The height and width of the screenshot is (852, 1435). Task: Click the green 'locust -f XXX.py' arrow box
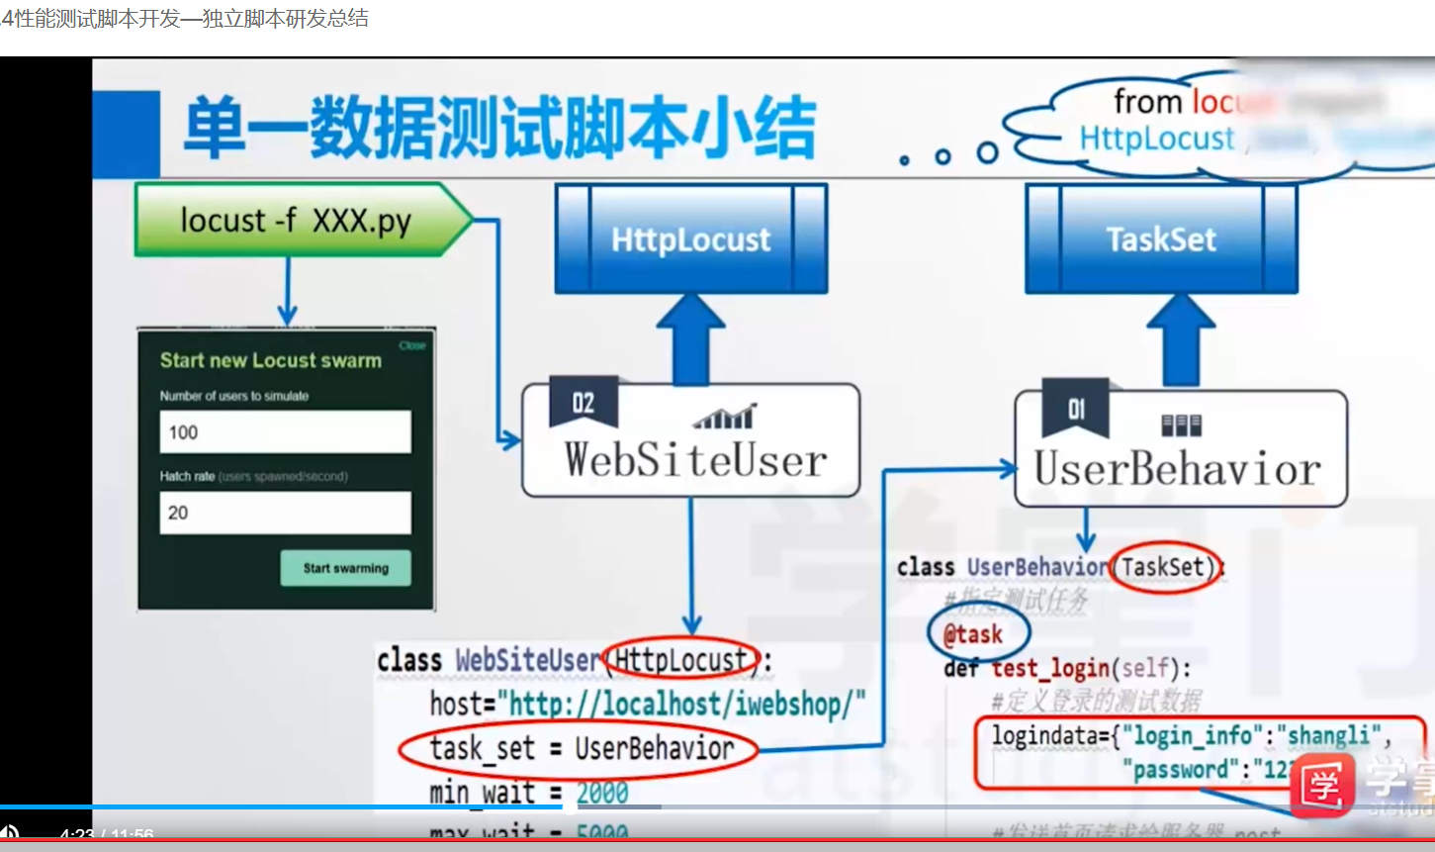(297, 220)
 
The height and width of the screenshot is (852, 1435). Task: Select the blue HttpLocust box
(690, 239)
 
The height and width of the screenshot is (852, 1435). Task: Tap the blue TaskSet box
(1161, 239)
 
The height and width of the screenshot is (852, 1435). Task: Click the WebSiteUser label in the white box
(695, 461)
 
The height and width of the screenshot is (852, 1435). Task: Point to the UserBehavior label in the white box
(1177, 469)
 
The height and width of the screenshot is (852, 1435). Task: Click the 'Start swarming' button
(345, 568)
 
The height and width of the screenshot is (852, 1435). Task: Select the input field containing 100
(285, 432)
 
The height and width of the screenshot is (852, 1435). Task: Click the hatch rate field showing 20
(285, 513)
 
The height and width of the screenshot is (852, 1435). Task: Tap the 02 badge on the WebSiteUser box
(583, 403)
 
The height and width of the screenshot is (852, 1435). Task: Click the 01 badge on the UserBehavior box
(1076, 409)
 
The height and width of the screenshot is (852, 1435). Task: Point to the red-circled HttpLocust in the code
(680, 659)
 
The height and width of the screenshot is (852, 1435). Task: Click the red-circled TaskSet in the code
(1163, 567)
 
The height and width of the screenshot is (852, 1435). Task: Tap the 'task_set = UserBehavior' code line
(581, 749)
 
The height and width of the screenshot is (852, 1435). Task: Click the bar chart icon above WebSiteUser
(724, 417)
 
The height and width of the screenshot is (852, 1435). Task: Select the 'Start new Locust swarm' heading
(271, 361)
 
